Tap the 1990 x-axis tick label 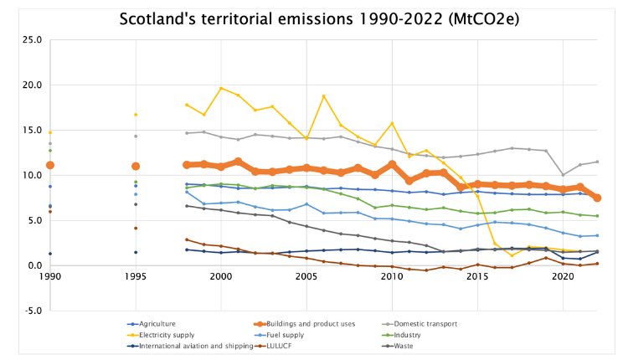[x=50, y=276]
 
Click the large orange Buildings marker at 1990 [x=50, y=165]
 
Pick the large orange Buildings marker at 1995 [x=136, y=166]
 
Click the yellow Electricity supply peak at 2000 [x=221, y=88]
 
